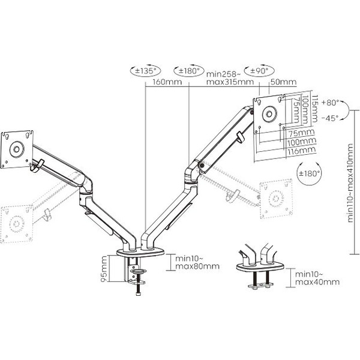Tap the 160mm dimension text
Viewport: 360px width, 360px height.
click(x=166, y=82)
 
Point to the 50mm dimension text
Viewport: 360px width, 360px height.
click(x=284, y=82)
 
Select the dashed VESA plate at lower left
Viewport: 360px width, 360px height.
click(x=15, y=222)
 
